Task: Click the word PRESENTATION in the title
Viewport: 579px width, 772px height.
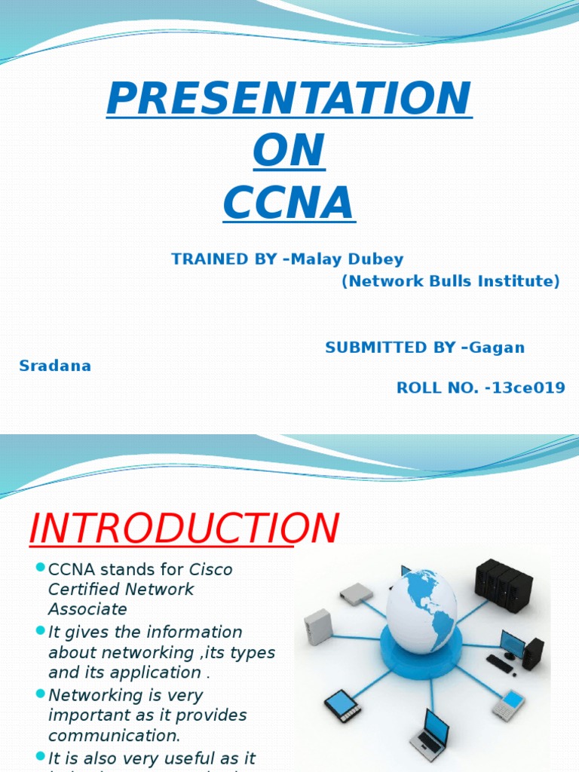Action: pyautogui.click(x=289, y=99)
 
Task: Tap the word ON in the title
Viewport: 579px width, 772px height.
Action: pyautogui.click(x=289, y=151)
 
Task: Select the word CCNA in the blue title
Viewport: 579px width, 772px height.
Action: pyautogui.click(x=289, y=202)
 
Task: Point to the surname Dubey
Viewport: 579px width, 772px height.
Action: pyautogui.click(x=377, y=259)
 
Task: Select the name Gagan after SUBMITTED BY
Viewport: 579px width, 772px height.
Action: pyautogui.click(x=498, y=348)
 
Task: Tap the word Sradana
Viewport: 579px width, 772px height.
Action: pyautogui.click(x=55, y=366)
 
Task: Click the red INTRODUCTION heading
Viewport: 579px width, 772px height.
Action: pyautogui.click(x=183, y=529)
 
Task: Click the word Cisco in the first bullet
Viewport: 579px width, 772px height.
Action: pyautogui.click(x=210, y=570)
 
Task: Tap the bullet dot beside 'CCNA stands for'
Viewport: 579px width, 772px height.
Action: pyautogui.click(x=41, y=567)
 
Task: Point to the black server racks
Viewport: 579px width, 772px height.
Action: pyautogui.click(x=504, y=584)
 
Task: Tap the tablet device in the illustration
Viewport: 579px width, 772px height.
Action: pyautogui.click(x=343, y=704)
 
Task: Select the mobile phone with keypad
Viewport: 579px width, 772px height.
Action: pyautogui.click(x=509, y=704)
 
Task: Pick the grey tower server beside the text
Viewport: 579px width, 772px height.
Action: pyautogui.click(x=317, y=627)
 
